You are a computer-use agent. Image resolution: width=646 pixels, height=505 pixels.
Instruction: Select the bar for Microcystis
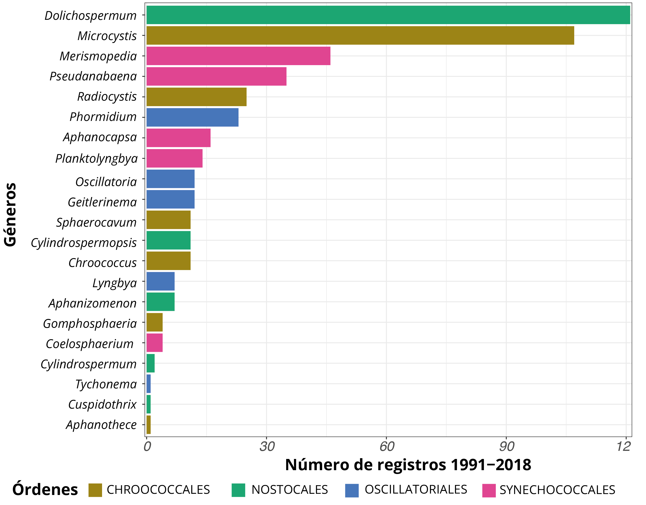[x=360, y=36]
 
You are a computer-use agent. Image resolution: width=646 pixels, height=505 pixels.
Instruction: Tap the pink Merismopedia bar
[x=238, y=56]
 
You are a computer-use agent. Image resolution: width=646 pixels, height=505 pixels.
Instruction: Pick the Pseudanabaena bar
[x=216, y=76]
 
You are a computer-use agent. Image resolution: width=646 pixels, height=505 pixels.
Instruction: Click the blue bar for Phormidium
[x=192, y=117]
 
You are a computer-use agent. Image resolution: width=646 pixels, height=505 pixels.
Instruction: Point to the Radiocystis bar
[x=196, y=97]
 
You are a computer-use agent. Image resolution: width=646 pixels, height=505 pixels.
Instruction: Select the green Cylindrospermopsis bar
[x=168, y=240]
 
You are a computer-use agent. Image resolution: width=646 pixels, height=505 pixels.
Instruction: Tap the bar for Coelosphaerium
[x=154, y=343]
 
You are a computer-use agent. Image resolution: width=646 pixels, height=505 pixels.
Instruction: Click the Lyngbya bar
[x=160, y=281]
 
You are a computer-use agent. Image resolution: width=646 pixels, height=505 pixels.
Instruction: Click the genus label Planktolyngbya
[x=96, y=159]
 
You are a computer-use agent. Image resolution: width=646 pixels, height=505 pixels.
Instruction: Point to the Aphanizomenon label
[x=93, y=303]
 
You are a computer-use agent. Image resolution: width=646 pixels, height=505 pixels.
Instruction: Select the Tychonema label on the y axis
[x=106, y=384]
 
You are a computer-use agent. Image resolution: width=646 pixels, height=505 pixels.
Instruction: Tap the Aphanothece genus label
[x=101, y=425]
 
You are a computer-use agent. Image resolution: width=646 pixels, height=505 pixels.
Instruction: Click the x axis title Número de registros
[x=408, y=465]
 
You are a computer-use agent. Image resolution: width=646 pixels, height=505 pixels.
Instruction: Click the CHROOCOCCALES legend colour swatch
[x=95, y=490]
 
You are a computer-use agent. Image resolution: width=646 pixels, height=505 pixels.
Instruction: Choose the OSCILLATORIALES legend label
[x=416, y=490]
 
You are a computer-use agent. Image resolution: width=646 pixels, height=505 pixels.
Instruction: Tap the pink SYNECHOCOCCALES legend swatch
[x=489, y=490]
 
